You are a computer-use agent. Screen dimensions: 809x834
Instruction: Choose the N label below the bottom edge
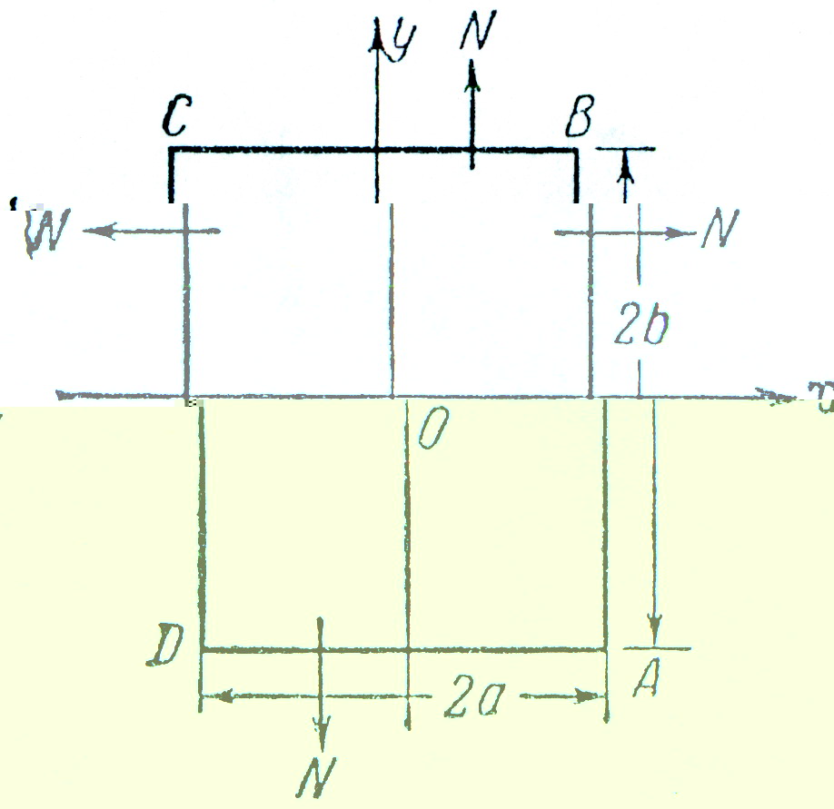tap(321, 774)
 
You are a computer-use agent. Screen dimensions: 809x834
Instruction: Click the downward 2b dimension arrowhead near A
tap(655, 630)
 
